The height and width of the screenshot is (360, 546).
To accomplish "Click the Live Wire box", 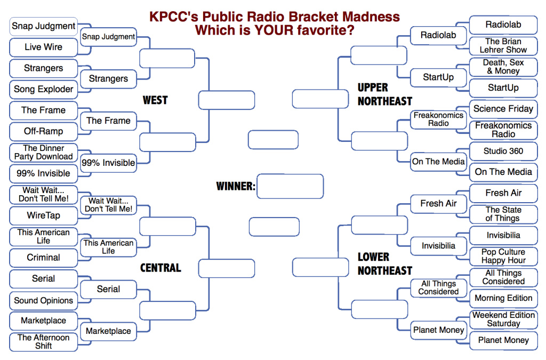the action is tap(44, 47).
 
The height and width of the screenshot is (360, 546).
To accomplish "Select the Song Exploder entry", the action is tap(44, 90).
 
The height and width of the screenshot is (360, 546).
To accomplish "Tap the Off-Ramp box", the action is tap(44, 131).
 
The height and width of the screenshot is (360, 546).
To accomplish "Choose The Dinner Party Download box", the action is tap(44, 153).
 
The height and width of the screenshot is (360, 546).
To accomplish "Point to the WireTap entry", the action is tap(44, 216).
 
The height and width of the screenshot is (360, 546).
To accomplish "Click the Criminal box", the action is tap(44, 258).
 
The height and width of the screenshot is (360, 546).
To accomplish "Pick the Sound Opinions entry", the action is tap(44, 300).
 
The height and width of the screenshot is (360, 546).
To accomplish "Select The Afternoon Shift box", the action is tap(44, 342).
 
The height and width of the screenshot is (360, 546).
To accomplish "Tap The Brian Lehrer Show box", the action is tap(503, 46).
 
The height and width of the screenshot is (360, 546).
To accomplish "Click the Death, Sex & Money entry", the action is tap(503, 67).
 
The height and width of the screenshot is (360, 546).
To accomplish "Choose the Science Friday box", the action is tap(503, 109).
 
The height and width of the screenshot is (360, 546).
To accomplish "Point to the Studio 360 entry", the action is tap(503, 151).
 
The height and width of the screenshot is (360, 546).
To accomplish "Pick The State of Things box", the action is tap(503, 214).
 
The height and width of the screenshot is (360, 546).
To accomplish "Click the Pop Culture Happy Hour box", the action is tap(503, 256).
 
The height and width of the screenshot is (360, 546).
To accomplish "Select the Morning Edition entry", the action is tap(503, 298).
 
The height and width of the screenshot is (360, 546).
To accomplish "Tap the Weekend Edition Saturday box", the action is tap(503, 319).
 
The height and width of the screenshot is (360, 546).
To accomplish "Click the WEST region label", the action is tap(155, 100).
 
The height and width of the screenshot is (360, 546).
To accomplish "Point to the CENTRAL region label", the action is tap(160, 268).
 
